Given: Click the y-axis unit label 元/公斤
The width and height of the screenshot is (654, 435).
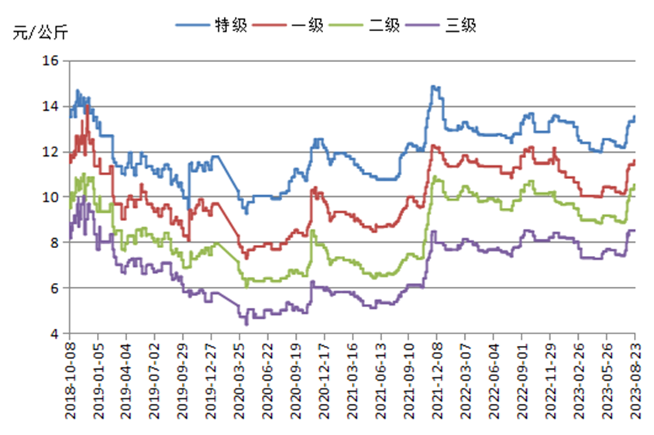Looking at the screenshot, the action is tap(40, 32).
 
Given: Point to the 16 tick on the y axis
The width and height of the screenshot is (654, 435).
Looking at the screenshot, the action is tap(50, 61).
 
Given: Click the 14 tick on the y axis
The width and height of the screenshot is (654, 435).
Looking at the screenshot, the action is tap(50, 106).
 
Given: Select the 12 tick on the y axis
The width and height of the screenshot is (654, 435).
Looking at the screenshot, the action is tap(50, 152).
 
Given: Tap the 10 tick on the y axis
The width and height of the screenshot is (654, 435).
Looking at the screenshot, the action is tap(50, 197).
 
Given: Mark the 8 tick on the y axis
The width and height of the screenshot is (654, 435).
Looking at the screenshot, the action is tap(54, 243).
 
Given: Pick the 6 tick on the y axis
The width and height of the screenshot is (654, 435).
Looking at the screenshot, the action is tap(54, 288).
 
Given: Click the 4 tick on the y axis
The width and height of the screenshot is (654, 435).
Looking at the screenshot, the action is tap(54, 333).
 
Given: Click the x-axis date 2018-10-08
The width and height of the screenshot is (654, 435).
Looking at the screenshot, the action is tap(70, 381).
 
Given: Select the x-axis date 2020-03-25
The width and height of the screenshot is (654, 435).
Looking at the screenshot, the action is tap(239, 381).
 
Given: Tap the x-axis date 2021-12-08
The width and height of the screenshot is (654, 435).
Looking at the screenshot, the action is tap(437, 381).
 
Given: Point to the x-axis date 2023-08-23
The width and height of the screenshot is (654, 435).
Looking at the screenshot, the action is tap(635, 381).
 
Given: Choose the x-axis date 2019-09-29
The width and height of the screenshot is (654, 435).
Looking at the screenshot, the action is tap(183, 381).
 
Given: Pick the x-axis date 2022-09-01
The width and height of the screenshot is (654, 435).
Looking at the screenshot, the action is tap(522, 381).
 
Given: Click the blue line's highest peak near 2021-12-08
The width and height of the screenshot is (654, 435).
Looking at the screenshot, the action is tap(433, 86).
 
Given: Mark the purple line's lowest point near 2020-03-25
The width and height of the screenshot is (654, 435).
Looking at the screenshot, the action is tap(246, 324).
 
